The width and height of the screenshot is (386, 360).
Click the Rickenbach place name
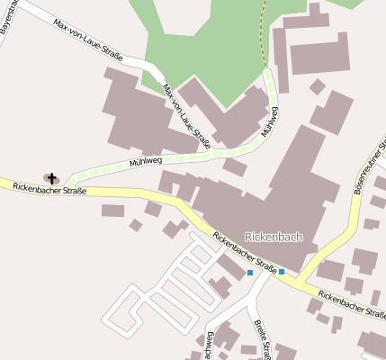[x=274, y=237]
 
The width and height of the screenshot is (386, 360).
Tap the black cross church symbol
[x=51, y=178]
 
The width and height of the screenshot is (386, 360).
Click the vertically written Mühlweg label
[x=269, y=122]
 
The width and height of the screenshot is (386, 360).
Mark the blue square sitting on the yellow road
[x=282, y=271]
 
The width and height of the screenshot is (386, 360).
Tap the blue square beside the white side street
[x=249, y=272]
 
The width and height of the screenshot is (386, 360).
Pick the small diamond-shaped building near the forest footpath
[x=317, y=86]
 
